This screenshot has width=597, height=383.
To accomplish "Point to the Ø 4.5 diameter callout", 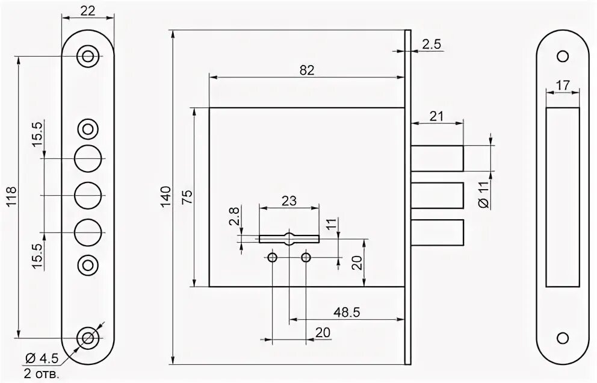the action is [x=42, y=359].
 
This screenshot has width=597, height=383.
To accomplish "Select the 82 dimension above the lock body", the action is [x=307, y=70].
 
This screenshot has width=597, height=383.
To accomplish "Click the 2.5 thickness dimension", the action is [x=432, y=44].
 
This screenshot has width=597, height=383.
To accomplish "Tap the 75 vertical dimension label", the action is [x=187, y=198].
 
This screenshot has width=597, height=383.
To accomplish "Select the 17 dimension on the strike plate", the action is [x=563, y=86].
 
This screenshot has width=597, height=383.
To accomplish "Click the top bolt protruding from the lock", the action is [x=438, y=158].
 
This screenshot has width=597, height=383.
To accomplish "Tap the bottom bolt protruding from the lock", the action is [x=438, y=233].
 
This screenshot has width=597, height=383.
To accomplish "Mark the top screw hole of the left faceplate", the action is [x=88, y=57].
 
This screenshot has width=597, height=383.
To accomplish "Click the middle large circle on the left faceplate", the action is [x=88, y=195].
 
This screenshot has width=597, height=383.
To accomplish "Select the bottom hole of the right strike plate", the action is [x=563, y=337].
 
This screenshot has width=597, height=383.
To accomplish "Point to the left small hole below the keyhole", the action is [x=273, y=258].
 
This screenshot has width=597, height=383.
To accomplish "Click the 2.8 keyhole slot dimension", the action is [x=235, y=215].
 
